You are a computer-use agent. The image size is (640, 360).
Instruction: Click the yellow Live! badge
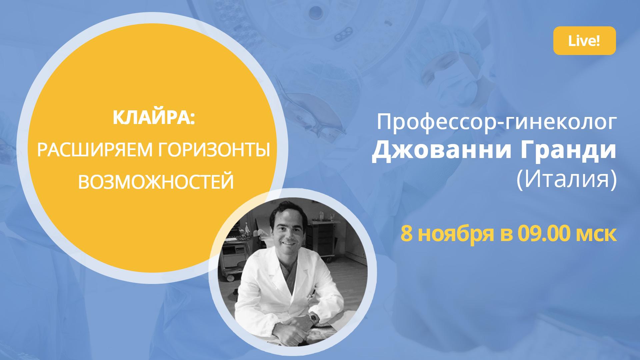click(584, 41)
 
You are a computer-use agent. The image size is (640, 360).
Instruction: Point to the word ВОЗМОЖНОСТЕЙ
click(156, 182)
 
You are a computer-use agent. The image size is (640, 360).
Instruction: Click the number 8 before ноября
click(406, 233)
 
